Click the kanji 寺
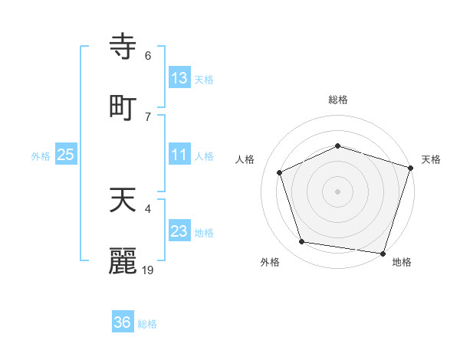(123, 45)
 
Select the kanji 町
(123, 106)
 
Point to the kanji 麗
(123, 261)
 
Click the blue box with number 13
(179, 77)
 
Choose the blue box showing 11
(179, 155)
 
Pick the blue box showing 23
(179, 231)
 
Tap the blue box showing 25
(66, 155)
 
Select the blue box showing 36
(123, 322)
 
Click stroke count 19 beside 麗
(148, 270)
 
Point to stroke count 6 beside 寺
(148, 55)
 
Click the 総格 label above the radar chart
(338, 100)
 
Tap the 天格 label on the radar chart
(431, 159)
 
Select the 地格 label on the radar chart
(402, 262)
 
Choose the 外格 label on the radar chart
(270, 262)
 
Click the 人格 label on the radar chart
(245, 159)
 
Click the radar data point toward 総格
(338, 146)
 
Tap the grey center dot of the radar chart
(338, 191)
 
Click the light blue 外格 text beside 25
(41, 155)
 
